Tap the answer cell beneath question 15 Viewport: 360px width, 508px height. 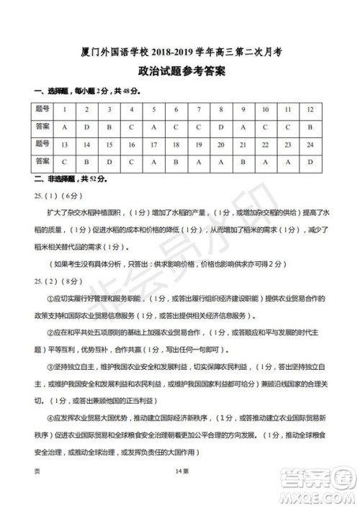click(109, 160)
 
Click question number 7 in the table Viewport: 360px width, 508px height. click(199, 109)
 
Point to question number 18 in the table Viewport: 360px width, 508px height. click(176, 144)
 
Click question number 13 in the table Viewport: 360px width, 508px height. click(64, 144)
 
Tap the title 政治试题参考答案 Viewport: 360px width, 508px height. click(179, 72)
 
